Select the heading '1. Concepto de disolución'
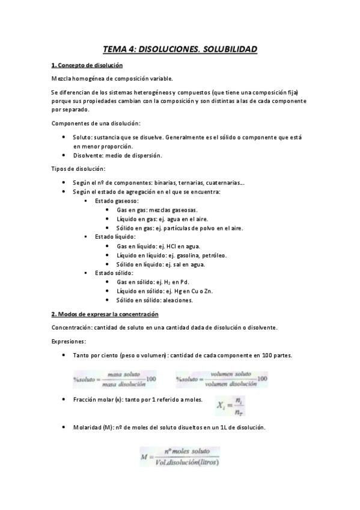pyautogui.click(x=87, y=65)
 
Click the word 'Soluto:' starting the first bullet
pyautogui.click(x=83, y=138)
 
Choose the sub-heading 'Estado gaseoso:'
pyautogui.click(x=117, y=200)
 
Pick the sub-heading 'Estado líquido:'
pyautogui.click(x=115, y=237)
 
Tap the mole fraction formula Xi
pyautogui.click(x=231, y=407)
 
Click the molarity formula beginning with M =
pyautogui.click(x=180, y=456)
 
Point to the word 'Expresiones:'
pyautogui.click(x=69, y=341)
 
